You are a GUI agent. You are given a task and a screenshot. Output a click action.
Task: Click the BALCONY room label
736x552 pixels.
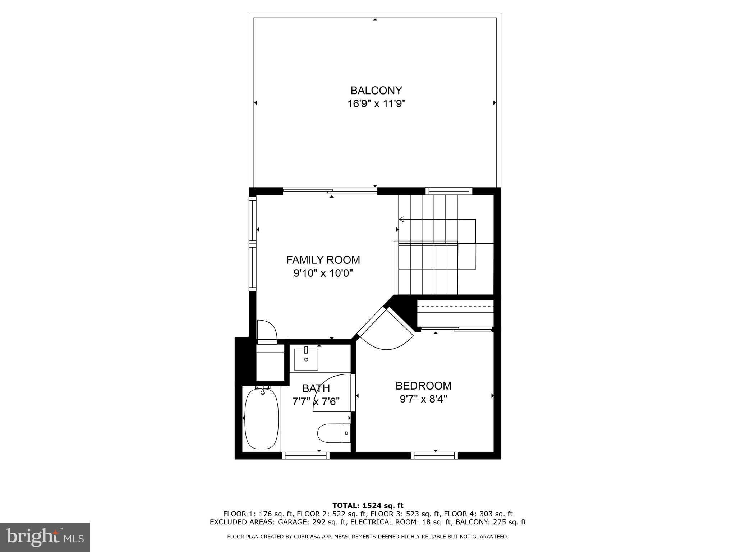pos(376,90)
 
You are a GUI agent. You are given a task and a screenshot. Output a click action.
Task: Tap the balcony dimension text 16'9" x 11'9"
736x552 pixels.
pos(376,104)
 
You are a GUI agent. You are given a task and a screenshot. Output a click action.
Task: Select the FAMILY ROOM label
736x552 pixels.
pos(323,259)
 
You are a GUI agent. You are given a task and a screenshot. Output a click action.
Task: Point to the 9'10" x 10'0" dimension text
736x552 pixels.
pos(323,273)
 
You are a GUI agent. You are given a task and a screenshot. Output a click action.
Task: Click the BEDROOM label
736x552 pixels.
pos(423,386)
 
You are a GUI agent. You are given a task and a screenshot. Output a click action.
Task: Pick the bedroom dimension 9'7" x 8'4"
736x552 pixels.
pos(423,399)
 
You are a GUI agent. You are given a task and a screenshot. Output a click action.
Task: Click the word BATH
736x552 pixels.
pos(316,388)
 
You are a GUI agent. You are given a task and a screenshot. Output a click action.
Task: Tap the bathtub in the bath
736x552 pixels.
pos(261,419)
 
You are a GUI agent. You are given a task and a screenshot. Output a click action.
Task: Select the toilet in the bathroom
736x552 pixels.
pos(333,433)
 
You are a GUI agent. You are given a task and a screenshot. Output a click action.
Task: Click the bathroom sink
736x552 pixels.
pos(306,359)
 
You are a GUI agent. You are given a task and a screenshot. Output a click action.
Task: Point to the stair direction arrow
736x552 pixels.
pos(402,219)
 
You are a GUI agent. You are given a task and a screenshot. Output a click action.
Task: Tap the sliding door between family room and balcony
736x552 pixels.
pos(330,191)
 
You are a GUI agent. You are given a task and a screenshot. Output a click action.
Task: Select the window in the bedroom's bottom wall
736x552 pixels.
pos(434,455)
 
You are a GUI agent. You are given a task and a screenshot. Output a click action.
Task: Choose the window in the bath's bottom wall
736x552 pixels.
pos(305,455)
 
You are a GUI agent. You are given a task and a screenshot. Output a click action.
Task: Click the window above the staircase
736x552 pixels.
pos(448,191)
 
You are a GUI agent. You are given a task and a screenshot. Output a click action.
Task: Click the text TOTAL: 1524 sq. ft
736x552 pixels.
pos(368,506)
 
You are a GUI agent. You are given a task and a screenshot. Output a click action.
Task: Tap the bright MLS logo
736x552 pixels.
pos(45,537)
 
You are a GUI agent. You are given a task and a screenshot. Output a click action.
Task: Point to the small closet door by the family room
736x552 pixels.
pos(267,330)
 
